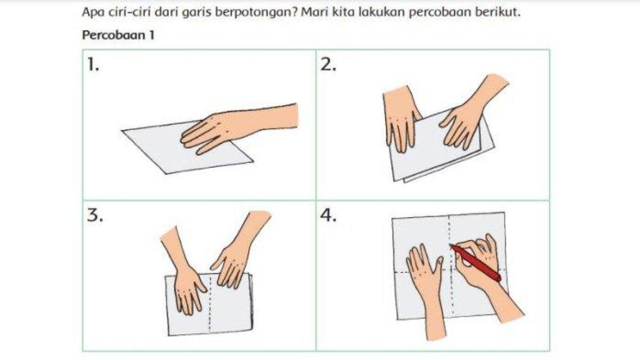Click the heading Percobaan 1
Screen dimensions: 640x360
[x=118, y=35]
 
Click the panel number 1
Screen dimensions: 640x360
[x=93, y=65]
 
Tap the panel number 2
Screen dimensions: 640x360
[x=328, y=65]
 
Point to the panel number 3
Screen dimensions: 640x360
[x=95, y=215]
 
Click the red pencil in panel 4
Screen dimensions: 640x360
[x=475, y=262]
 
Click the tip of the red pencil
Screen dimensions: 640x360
[x=451, y=245]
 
